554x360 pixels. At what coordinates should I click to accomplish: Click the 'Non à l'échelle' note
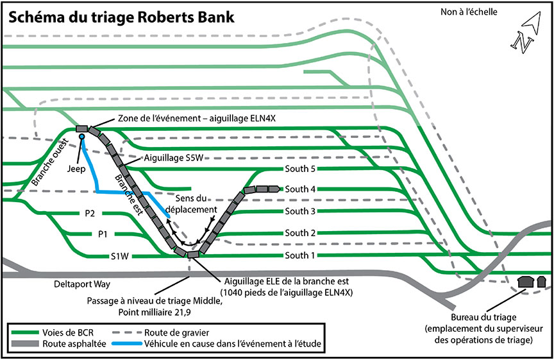469,12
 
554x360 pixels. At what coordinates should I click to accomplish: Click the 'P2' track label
90,213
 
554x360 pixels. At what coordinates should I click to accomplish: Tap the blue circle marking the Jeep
82,137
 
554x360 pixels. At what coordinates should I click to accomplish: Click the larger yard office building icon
526,282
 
